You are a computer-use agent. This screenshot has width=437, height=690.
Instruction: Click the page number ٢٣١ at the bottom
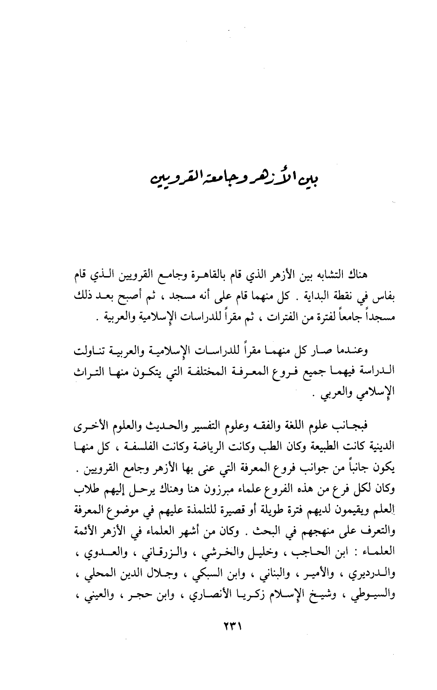[x=231, y=627]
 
